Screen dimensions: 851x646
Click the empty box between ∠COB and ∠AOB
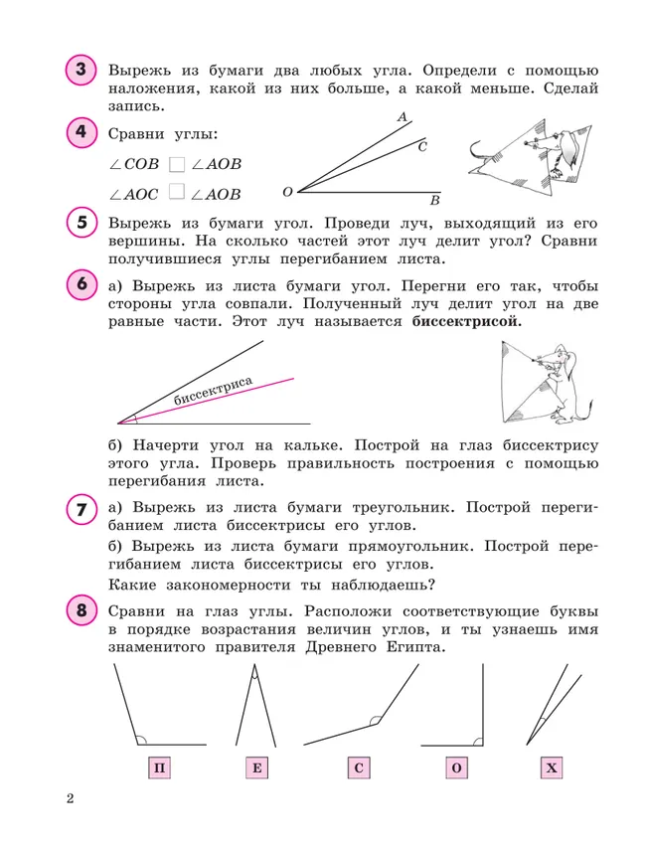(177, 164)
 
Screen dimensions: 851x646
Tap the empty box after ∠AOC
(177, 193)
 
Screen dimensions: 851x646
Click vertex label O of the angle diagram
(287, 191)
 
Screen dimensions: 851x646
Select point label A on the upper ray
(403, 117)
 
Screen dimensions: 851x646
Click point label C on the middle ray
(422, 146)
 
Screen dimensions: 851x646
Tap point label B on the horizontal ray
(434, 198)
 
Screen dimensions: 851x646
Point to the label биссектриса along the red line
(213, 391)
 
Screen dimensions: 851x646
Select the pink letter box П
(158, 768)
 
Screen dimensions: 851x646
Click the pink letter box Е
(256, 768)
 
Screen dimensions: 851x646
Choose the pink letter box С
(359, 768)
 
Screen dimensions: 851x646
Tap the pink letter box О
(456, 768)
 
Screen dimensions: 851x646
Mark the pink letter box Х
(553, 768)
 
